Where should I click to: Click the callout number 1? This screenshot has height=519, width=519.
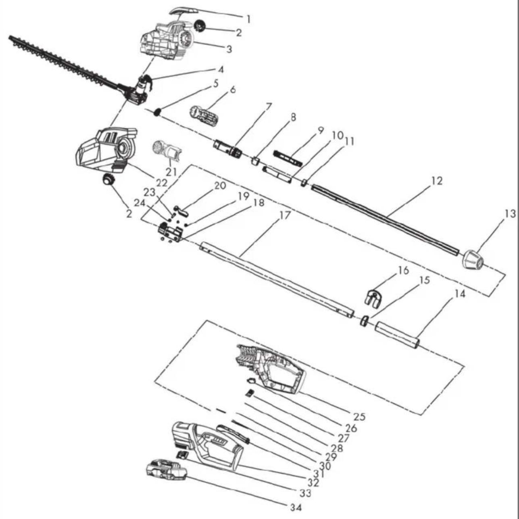248,19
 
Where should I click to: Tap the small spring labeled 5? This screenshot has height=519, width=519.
158,112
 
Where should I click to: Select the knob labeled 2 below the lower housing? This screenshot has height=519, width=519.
108,179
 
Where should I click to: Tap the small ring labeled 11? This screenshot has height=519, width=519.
304,183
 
